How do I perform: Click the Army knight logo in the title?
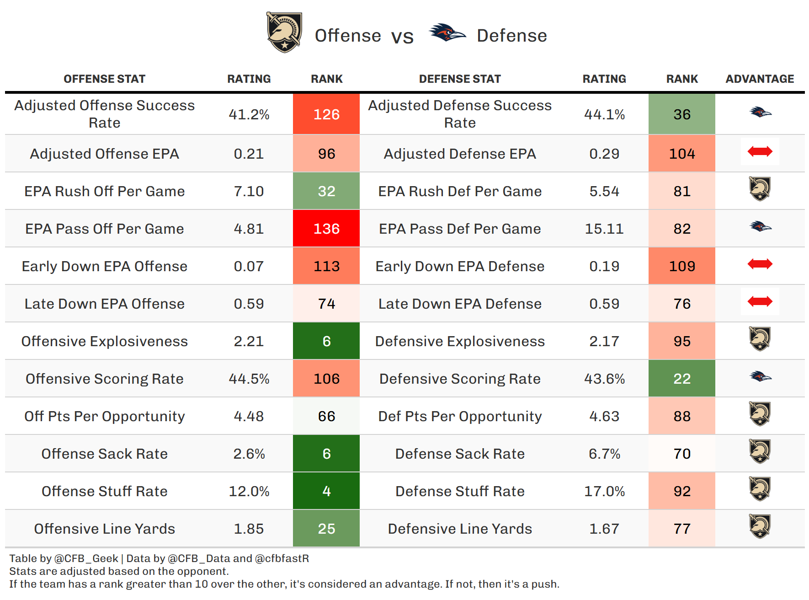pyautogui.click(x=284, y=32)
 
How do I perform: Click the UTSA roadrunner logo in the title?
pyautogui.click(x=447, y=32)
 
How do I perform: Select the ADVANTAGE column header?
pyautogui.click(x=760, y=79)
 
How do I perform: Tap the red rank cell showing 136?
pyautogui.click(x=326, y=229)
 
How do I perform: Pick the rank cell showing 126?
pyautogui.click(x=326, y=114)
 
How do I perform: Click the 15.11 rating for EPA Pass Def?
pyautogui.click(x=604, y=229)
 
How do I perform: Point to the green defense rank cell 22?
pyautogui.click(x=681, y=379)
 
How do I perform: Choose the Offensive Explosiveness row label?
pyautogui.click(x=105, y=341)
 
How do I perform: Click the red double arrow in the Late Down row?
pyautogui.click(x=760, y=301)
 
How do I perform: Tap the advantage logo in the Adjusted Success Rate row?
pyautogui.click(x=760, y=112)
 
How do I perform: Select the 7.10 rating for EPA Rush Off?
pyautogui.click(x=249, y=191)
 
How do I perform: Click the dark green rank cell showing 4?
pyautogui.click(x=326, y=491)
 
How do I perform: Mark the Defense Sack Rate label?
pyautogui.click(x=460, y=454)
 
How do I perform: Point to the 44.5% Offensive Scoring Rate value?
pyautogui.click(x=249, y=379)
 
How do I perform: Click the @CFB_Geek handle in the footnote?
pyautogui.click(x=86, y=558)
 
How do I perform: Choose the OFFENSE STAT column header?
pyautogui.click(x=105, y=79)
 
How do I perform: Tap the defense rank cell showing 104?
pyautogui.click(x=681, y=154)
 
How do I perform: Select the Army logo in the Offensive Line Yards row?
pyautogui.click(x=760, y=526)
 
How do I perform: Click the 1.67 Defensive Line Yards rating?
pyautogui.click(x=604, y=529)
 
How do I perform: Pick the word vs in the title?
pyautogui.click(x=402, y=36)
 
